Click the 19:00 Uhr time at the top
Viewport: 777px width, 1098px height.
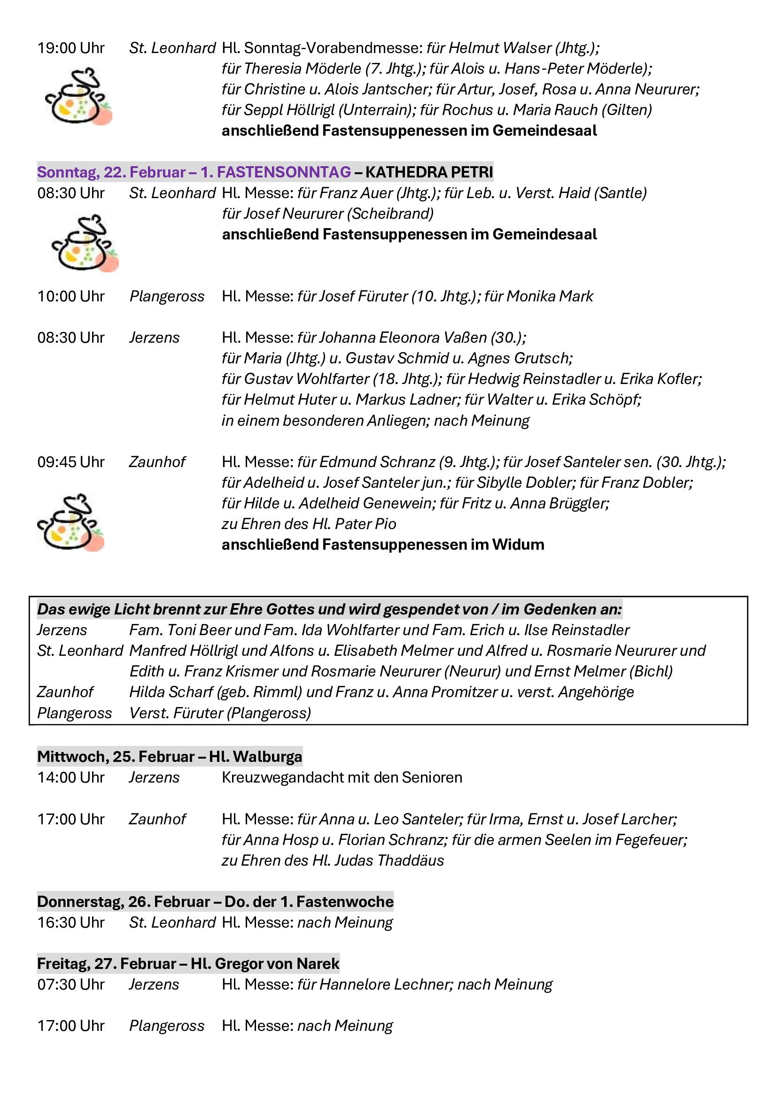[x=71, y=48]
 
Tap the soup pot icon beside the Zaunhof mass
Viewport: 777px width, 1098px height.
[x=70, y=522]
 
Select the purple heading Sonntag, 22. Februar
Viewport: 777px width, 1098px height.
[x=111, y=172]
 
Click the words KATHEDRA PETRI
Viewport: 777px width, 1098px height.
[x=429, y=172]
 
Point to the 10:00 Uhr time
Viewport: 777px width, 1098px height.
[x=71, y=297]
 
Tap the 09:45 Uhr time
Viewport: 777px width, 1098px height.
[x=71, y=462]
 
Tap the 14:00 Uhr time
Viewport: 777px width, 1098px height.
[x=71, y=777]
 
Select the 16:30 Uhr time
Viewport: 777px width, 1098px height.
[x=71, y=922]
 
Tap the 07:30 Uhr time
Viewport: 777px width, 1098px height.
[x=71, y=985]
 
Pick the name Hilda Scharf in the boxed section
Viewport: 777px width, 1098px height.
[x=171, y=692]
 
